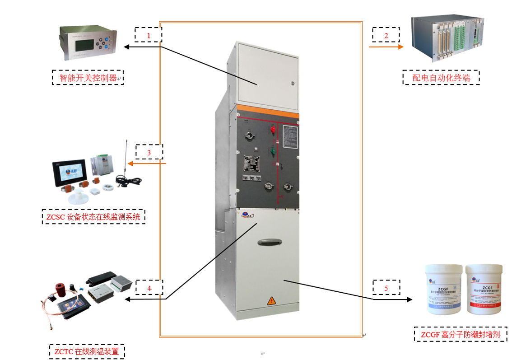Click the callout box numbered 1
(x=148, y=35)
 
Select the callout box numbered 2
(x=386, y=35)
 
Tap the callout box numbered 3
(x=149, y=152)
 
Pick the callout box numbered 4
(x=149, y=287)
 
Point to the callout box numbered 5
(x=386, y=287)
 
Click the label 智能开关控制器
(x=88, y=78)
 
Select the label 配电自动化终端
(x=441, y=78)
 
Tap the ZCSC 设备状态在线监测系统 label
(x=93, y=217)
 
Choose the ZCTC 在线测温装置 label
(x=87, y=351)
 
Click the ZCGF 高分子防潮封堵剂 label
(x=460, y=335)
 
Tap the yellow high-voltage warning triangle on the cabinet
(x=271, y=300)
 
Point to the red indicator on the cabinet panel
(x=273, y=130)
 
